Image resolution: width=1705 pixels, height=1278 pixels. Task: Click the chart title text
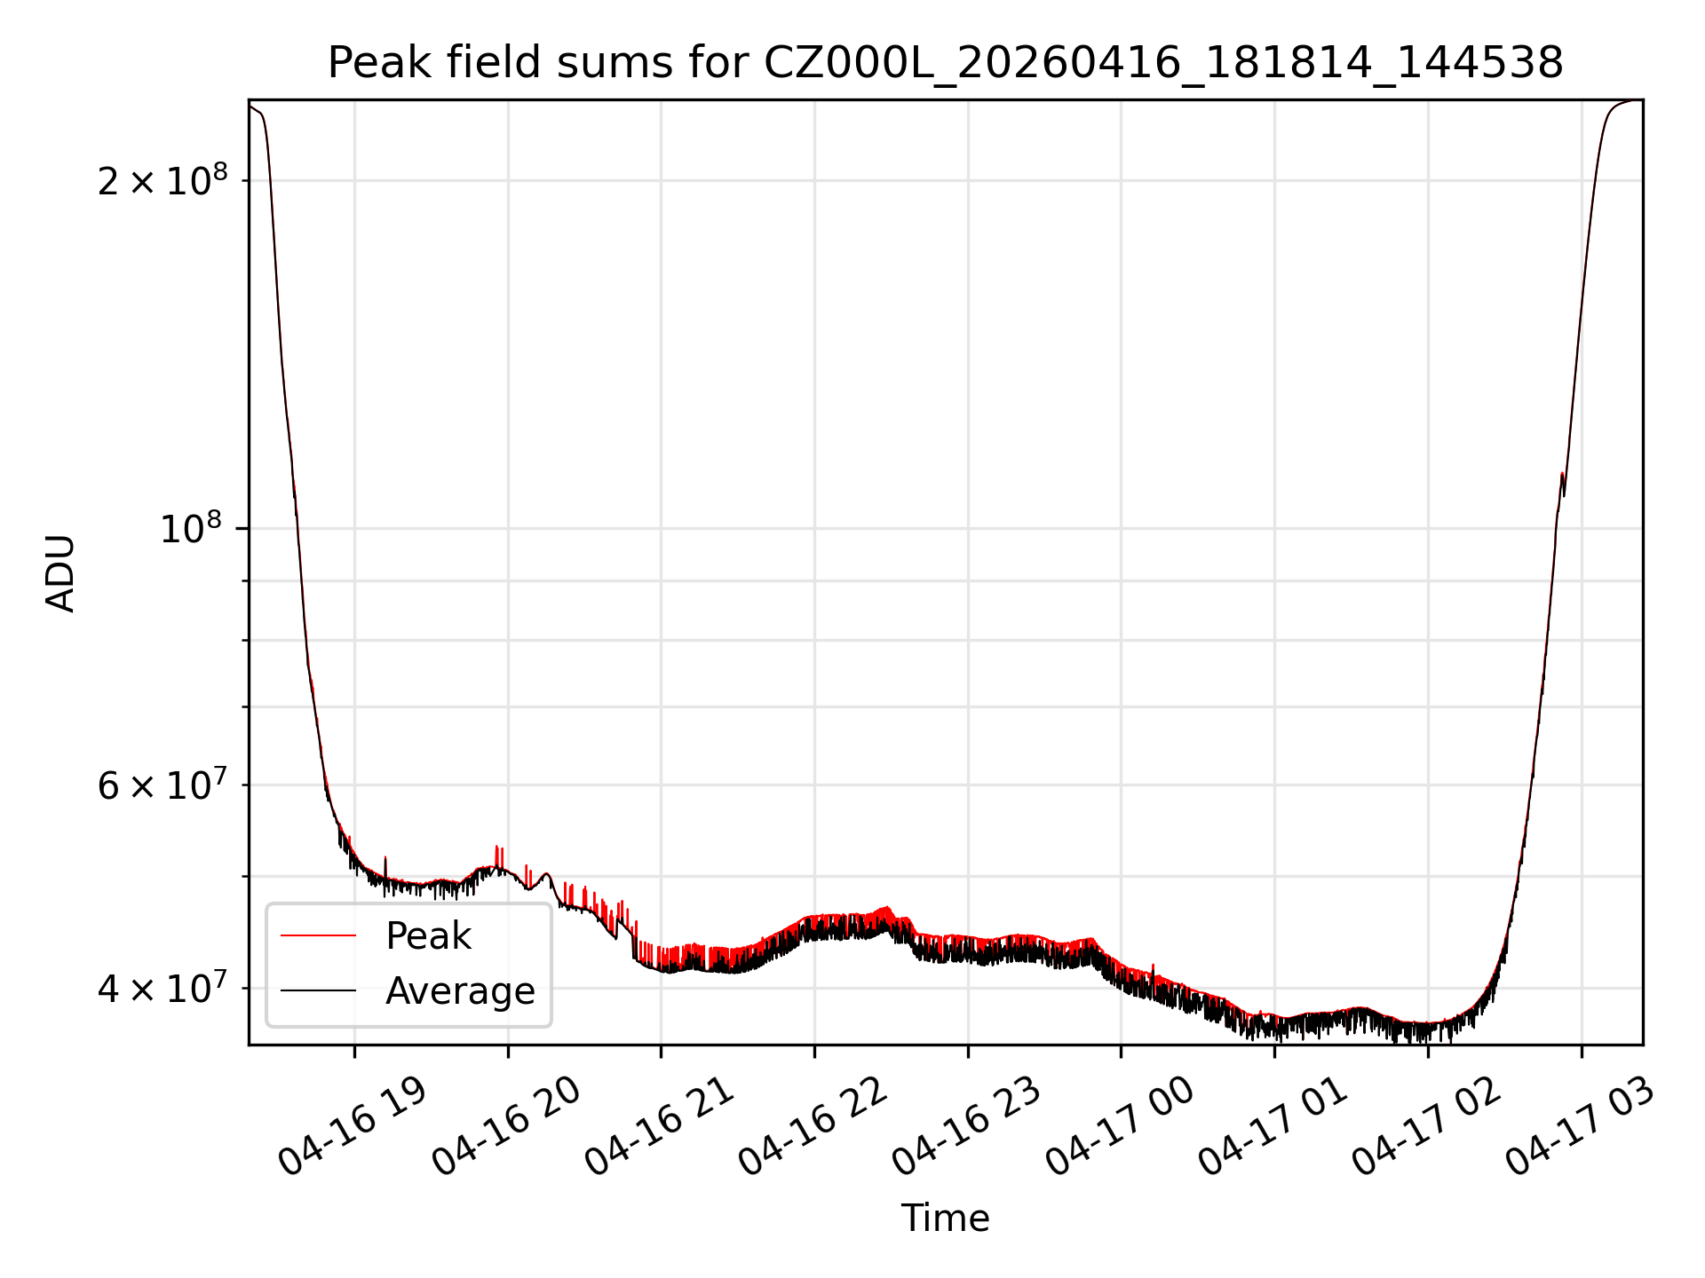[946, 63]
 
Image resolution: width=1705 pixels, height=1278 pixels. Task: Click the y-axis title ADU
[60, 572]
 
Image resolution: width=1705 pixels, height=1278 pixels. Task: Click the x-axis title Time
[946, 1218]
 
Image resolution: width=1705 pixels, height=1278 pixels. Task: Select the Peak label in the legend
[428, 935]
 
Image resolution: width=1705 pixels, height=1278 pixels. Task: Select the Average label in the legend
[460, 990]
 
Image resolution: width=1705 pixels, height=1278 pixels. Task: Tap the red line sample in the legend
[318, 935]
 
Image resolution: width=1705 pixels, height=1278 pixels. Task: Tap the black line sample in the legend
[318, 990]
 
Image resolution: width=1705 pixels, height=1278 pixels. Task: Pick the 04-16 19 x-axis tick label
[353, 1127]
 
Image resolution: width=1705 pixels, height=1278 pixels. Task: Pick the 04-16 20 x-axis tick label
[507, 1127]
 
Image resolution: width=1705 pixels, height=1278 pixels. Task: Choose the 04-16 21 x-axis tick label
[660, 1127]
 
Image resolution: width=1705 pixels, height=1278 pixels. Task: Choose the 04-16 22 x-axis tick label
[813, 1127]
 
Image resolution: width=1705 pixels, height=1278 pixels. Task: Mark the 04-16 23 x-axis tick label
[967, 1127]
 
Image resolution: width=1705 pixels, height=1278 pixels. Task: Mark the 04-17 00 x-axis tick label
[1120, 1127]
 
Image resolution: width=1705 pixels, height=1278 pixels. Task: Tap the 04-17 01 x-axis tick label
[1273, 1127]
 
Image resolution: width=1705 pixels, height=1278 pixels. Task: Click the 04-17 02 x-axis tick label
[1427, 1127]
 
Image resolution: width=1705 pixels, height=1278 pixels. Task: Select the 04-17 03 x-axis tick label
[1581, 1127]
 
